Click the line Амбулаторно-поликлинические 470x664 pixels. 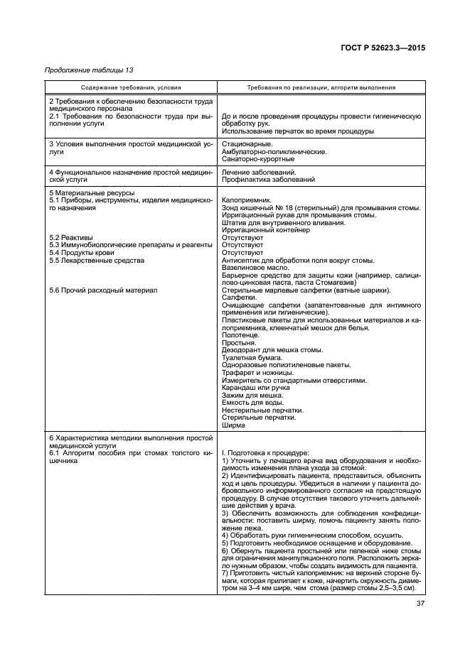coord(274,151)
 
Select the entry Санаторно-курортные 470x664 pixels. coord(259,159)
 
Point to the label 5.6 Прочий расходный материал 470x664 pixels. coord(100,290)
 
